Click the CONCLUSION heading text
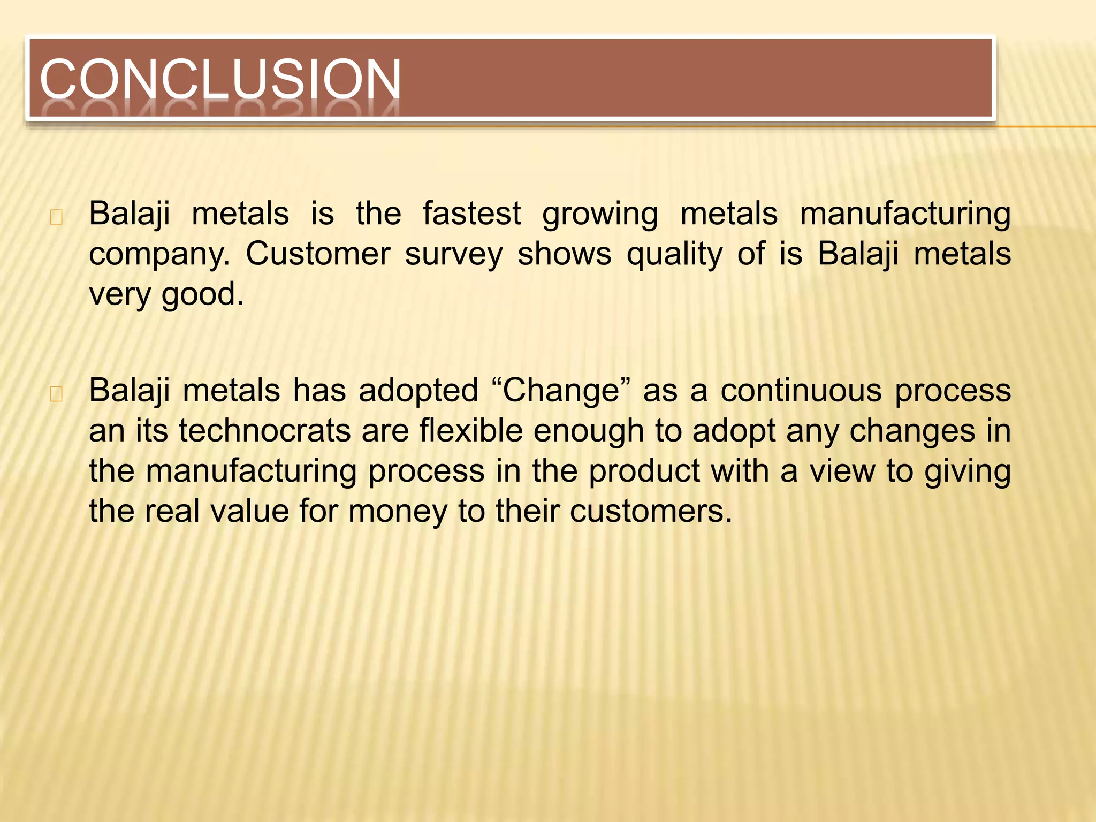click(220, 79)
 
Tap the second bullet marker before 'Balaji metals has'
click(56, 394)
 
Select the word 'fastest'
click(471, 214)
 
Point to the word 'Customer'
click(318, 254)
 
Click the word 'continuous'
click(801, 391)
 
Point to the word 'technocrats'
click(264, 431)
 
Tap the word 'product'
click(644, 471)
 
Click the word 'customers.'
click(651, 511)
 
